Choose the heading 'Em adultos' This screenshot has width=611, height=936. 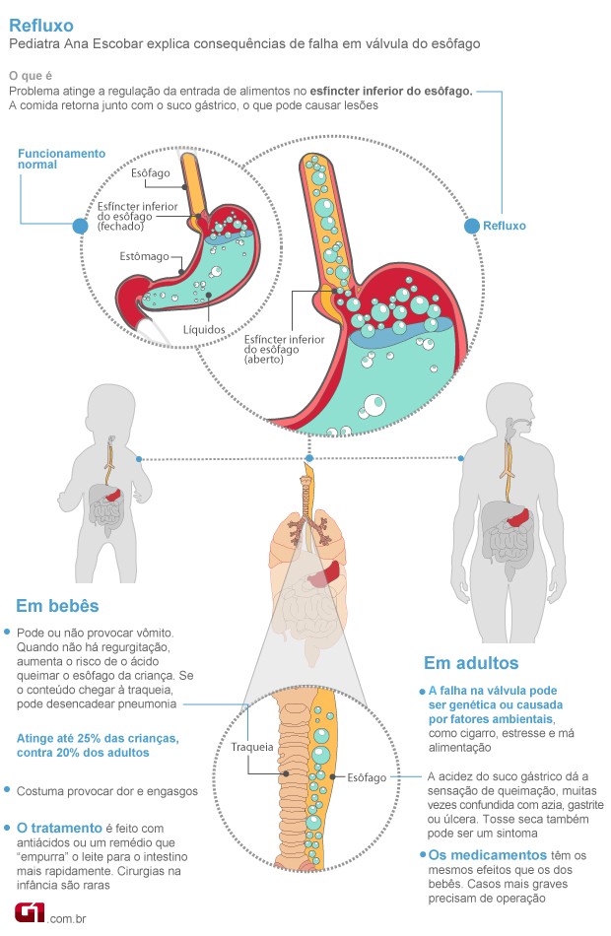coord(471,662)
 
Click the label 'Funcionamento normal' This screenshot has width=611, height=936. coord(61,159)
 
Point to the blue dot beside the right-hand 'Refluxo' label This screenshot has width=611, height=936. coord(471,226)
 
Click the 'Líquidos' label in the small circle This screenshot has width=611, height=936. coord(204,329)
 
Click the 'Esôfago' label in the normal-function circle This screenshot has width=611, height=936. coord(151,173)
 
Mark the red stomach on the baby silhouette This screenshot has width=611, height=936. coord(114,490)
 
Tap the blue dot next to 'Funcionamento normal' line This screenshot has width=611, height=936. coord(80,227)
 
